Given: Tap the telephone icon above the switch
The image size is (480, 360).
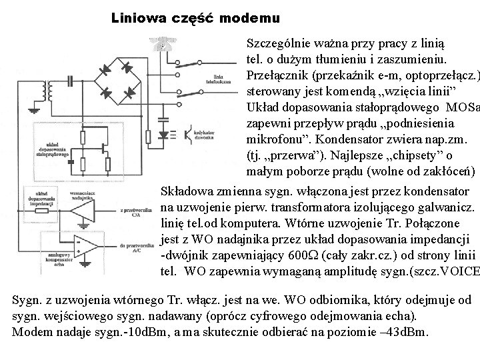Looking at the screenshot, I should pos(161,45).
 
